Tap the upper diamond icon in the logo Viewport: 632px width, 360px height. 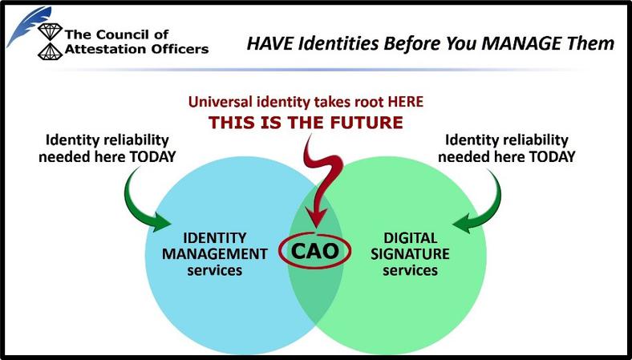point(50,31)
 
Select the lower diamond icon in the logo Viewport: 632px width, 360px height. point(50,51)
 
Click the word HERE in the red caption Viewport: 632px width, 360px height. point(406,102)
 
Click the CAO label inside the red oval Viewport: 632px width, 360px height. point(314,251)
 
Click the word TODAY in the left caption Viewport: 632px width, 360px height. point(152,156)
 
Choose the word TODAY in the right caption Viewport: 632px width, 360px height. point(552,156)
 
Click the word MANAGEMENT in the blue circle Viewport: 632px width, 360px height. point(214,254)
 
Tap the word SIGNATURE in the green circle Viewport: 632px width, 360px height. point(410,254)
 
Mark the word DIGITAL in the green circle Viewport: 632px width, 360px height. point(411,238)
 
